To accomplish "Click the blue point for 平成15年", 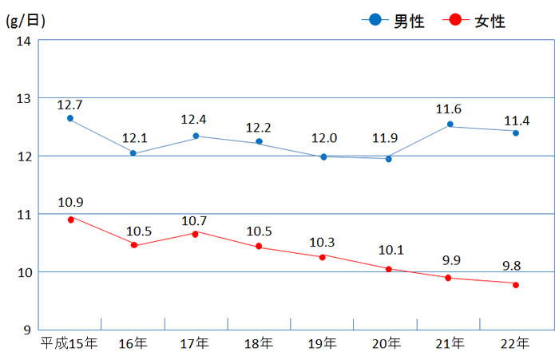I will pos(70,118).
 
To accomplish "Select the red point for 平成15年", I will pos(70,219).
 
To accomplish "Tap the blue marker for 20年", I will pos(388,159).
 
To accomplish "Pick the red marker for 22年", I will pos(516,285).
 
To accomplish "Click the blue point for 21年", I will pos(450,125).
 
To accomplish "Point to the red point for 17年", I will pos(196,233).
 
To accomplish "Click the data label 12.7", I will pos(70,105).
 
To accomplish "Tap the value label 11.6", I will pos(450,109).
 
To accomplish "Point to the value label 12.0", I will pos(323,138).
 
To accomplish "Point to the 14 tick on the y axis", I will pos(22,41).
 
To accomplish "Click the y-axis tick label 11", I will pos(22,215).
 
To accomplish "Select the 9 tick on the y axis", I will pos(26,330).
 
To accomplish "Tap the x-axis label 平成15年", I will pos(69,344).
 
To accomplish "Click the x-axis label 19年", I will pos(323,344).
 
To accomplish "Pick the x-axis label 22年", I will pos(513,344).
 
